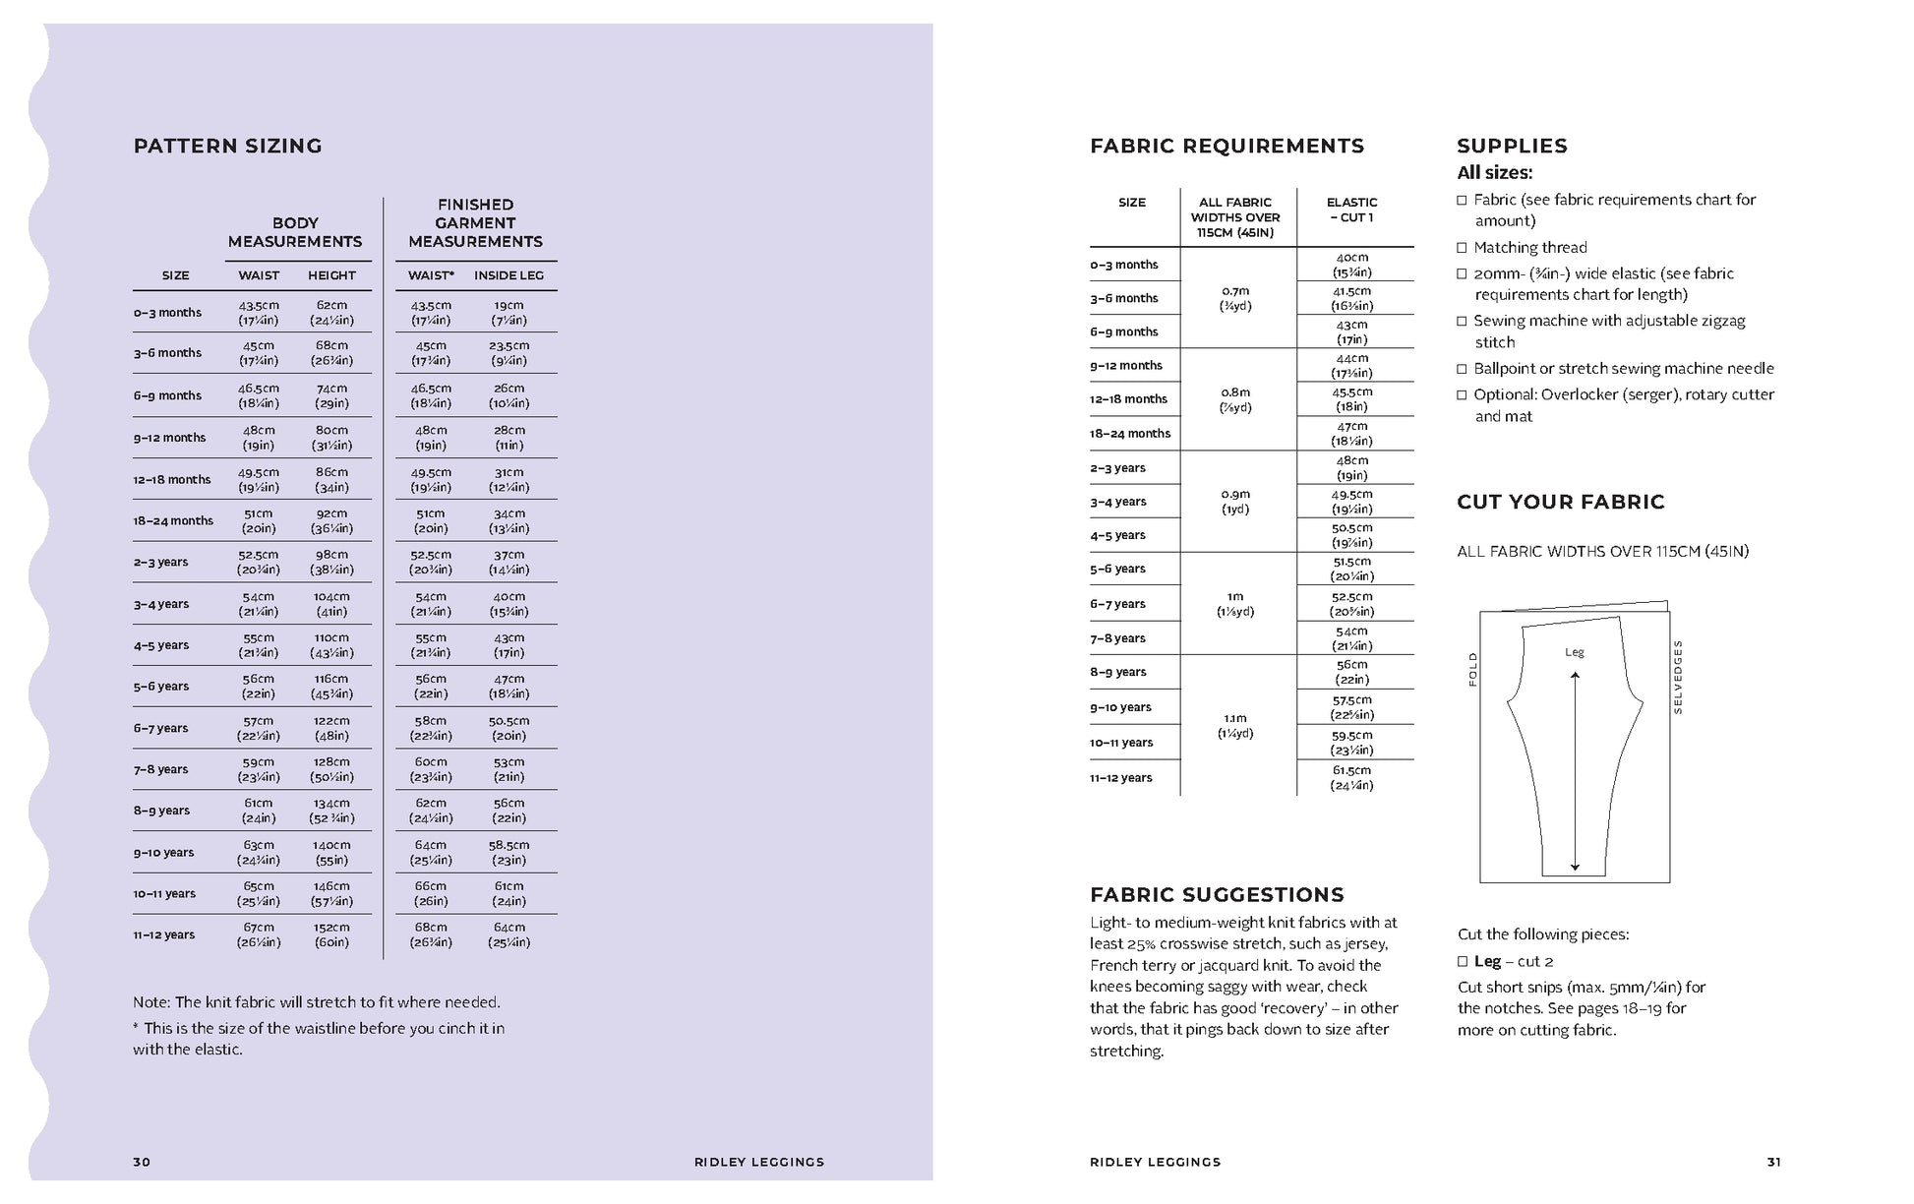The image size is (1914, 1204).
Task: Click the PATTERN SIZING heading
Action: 227,146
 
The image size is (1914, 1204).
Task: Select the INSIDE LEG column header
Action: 508,275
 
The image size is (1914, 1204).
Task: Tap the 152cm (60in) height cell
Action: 331,934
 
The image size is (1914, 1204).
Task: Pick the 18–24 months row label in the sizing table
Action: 173,520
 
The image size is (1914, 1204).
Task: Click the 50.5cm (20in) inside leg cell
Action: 508,728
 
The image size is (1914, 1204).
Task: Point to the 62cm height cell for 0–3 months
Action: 331,312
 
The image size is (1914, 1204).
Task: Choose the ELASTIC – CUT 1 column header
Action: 1351,210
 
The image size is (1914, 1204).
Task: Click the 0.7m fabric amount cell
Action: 1235,298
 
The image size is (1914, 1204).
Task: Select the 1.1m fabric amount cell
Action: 1235,725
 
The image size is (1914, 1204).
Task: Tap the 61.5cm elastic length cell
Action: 1351,777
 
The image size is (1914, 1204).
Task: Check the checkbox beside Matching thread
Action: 1463,247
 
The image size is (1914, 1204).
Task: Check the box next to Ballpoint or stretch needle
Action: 1463,368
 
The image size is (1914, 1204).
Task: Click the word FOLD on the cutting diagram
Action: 1472,669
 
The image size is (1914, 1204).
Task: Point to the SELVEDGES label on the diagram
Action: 1678,677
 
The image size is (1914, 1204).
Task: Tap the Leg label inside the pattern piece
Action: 1574,652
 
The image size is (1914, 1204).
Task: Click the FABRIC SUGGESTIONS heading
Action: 1217,894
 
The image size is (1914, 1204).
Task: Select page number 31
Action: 1773,1162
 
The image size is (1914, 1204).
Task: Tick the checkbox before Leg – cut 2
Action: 1463,961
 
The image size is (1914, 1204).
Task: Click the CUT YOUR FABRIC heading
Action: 1560,502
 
